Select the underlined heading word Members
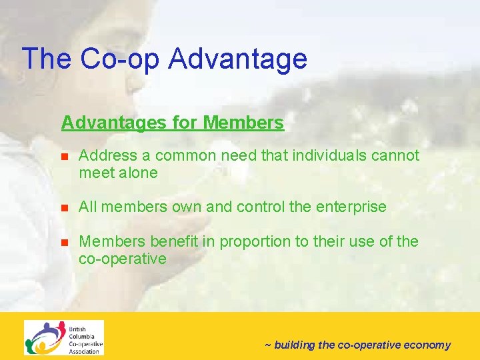(x=243, y=123)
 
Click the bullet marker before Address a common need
(x=65, y=157)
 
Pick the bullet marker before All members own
(x=65, y=208)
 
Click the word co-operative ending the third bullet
(x=123, y=259)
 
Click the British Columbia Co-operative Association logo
(x=64, y=338)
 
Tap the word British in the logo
(x=78, y=327)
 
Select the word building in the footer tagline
(x=295, y=345)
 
